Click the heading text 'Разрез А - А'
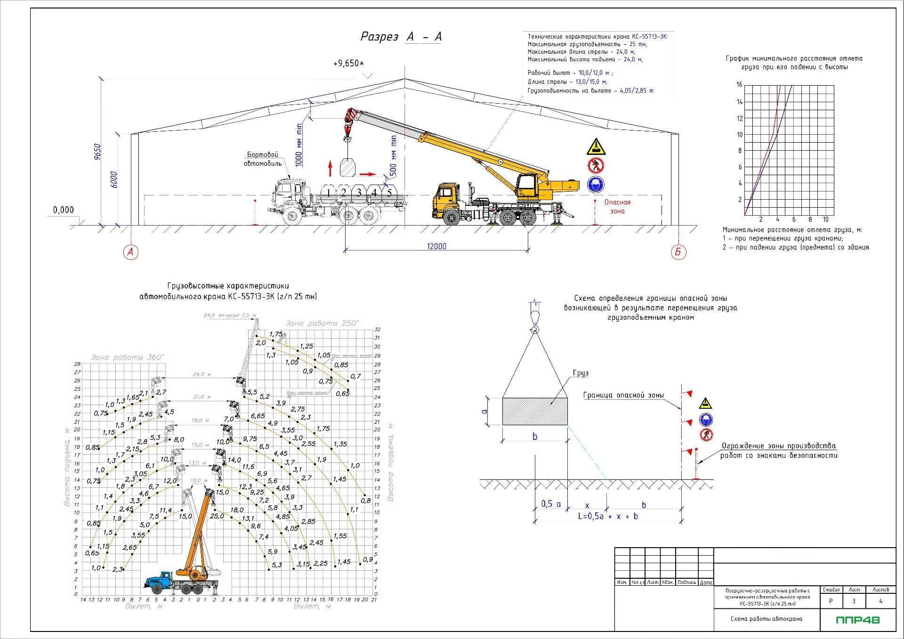[401, 37]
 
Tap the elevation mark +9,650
[348, 64]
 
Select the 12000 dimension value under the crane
[436, 246]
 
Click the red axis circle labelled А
[130, 252]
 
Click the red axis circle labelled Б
[678, 252]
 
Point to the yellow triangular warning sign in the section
[596, 147]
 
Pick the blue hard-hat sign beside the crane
[596, 184]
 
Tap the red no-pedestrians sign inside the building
[596, 165]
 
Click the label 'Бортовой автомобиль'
[263, 159]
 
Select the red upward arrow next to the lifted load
[331, 167]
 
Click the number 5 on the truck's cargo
[389, 192]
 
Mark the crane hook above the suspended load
[347, 138]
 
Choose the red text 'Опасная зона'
[617, 207]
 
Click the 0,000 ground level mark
[64, 210]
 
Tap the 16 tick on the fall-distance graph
[739, 85]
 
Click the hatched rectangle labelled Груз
[534, 412]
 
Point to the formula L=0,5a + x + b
[608, 516]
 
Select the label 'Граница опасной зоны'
[623, 395]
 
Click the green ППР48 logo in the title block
[858, 620]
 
